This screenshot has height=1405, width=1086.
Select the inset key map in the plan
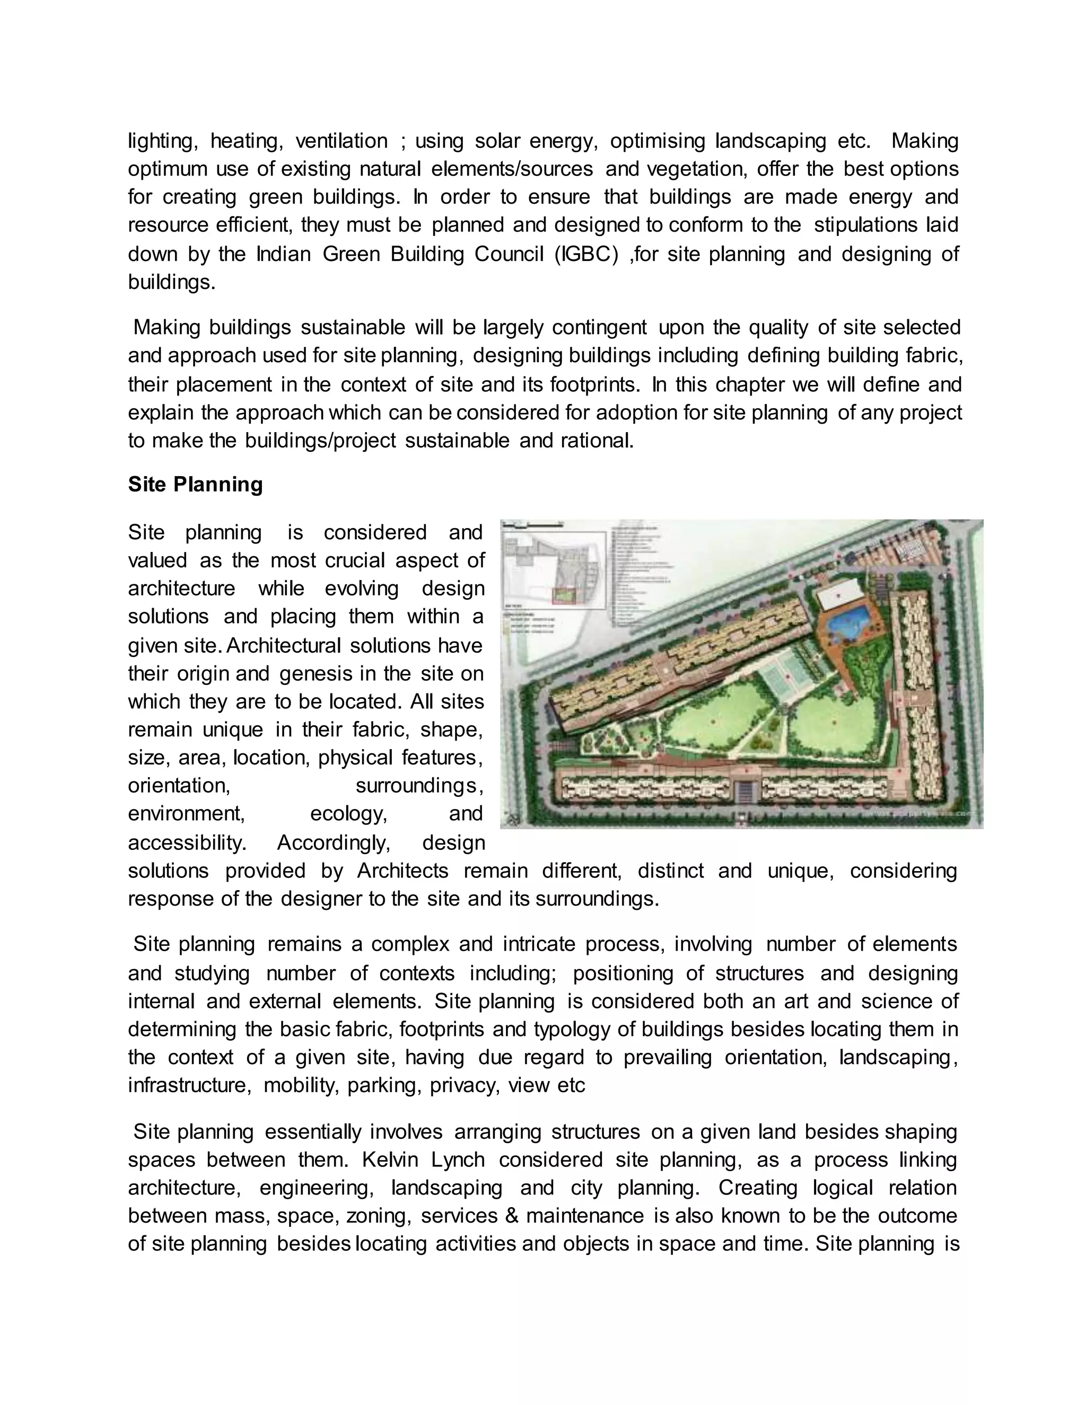click(554, 569)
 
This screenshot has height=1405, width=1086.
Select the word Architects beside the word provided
click(403, 871)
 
